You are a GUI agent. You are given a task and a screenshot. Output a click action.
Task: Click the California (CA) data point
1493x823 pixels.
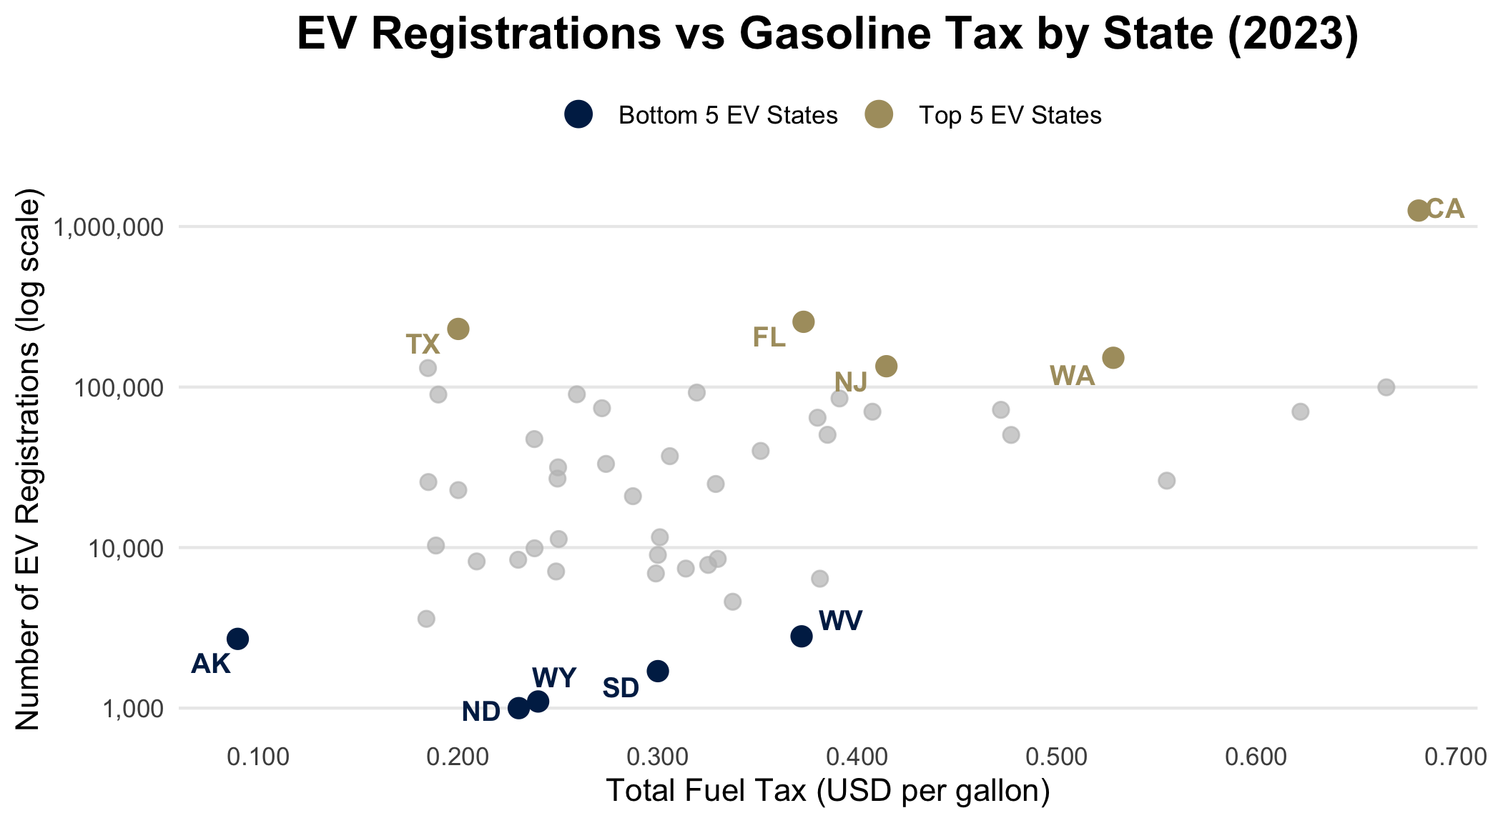click(x=1418, y=210)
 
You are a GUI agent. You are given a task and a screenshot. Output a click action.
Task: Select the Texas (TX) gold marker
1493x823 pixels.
click(x=458, y=329)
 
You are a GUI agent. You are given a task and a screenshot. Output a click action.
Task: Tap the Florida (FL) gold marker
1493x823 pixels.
click(x=804, y=322)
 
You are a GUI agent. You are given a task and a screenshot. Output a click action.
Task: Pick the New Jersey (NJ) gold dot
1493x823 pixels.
click(x=887, y=366)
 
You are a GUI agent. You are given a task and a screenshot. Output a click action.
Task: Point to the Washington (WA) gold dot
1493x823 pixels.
click(x=1113, y=357)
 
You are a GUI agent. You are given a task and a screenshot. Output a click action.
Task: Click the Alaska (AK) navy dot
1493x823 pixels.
click(x=238, y=639)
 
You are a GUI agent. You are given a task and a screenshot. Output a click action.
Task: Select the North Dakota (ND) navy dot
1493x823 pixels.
click(x=518, y=708)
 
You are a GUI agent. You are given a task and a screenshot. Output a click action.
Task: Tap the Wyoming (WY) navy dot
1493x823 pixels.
click(x=538, y=702)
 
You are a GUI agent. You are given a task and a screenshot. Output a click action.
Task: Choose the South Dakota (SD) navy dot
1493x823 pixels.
click(x=658, y=671)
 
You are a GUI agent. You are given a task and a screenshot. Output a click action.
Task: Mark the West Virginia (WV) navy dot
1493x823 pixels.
click(x=802, y=636)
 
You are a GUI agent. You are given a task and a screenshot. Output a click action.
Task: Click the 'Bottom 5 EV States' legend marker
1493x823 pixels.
click(x=578, y=114)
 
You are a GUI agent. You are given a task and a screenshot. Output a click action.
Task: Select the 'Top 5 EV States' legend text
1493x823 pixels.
click(x=1010, y=116)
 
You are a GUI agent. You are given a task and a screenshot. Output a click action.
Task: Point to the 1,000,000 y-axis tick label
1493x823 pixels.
click(x=109, y=228)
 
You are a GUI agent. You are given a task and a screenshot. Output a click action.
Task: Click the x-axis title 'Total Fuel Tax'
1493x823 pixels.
click(x=827, y=791)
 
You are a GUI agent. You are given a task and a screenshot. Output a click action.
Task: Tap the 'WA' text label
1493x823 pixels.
click(x=1072, y=376)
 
